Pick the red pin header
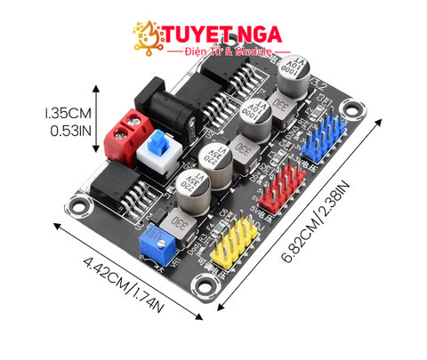point(277,185)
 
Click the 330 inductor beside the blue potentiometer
point(180,220)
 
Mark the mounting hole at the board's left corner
point(83,209)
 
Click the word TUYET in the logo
point(195,35)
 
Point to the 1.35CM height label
point(68,114)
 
